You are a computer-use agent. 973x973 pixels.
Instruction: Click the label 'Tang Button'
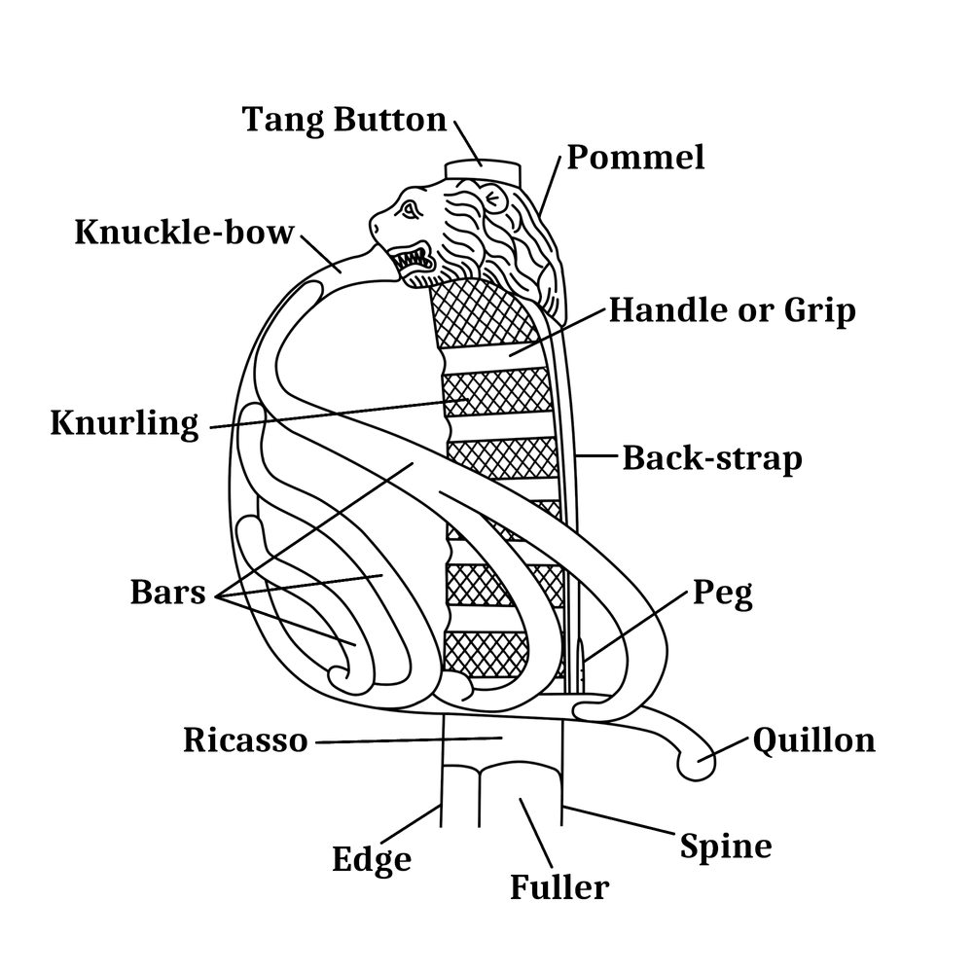343,120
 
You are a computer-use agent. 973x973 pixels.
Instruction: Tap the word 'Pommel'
635,157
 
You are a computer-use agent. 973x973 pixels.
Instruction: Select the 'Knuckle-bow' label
184,234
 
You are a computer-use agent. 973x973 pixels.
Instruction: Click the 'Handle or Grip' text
732,310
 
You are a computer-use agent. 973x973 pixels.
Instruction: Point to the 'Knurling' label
125,424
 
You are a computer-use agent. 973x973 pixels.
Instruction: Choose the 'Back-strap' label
712,458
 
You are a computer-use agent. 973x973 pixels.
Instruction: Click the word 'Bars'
168,592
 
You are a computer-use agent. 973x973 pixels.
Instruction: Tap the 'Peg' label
722,593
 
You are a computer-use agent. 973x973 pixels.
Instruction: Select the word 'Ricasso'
245,741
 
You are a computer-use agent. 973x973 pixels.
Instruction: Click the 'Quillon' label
814,740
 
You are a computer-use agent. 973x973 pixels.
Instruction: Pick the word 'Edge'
372,860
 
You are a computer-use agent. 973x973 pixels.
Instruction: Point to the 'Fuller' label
559,887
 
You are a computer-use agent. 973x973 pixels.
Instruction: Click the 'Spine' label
726,846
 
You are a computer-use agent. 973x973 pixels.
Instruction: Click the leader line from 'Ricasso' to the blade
409,742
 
